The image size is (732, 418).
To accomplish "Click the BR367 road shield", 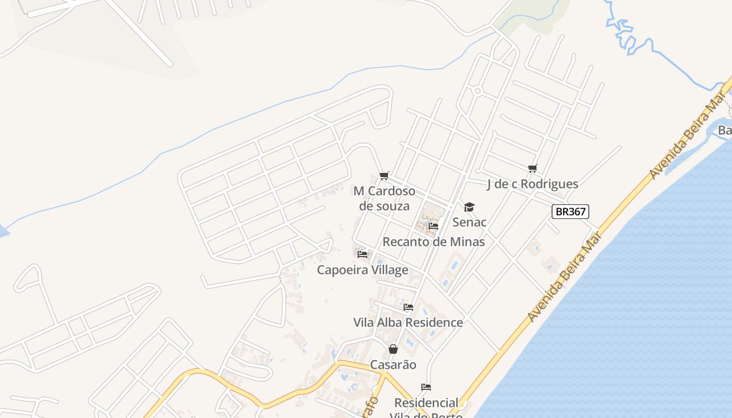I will (x=570, y=212).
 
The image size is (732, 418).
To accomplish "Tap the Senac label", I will (x=470, y=222).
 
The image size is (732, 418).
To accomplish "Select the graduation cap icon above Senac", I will (x=470, y=207).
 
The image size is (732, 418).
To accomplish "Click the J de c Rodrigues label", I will (x=532, y=184).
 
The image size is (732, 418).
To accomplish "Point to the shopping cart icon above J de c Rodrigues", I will (x=532, y=168).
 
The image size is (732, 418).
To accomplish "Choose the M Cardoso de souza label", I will (x=384, y=198).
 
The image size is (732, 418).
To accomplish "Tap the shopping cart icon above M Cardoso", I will (x=384, y=176).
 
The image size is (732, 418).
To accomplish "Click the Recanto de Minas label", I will (x=433, y=242).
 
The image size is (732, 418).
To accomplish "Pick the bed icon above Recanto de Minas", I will (x=433, y=226).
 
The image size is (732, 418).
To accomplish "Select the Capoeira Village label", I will (x=362, y=270).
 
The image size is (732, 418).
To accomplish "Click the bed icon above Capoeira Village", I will (x=362, y=254).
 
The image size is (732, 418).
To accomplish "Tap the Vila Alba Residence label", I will (x=408, y=322).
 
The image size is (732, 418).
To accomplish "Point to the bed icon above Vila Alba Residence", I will (x=408, y=307).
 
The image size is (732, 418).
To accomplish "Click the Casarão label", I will (x=393, y=364).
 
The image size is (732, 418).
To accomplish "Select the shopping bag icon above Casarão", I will (x=393, y=349).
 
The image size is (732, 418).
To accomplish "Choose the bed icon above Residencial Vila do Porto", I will (x=426, y=387).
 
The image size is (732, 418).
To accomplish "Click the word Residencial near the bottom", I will (x=426, y=403).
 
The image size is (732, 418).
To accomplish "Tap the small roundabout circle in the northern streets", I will (x=477, y=91).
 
